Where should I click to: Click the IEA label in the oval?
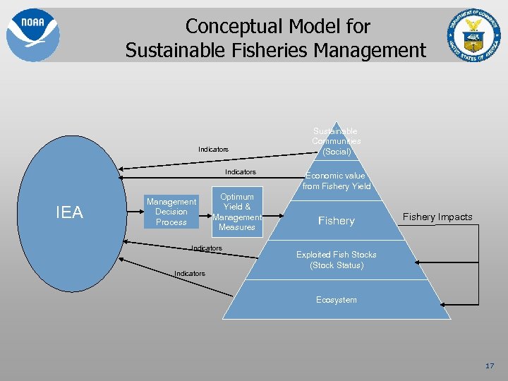[x=69, y=212]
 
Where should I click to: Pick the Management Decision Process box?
[x=171, y=212]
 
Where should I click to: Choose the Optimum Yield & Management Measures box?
[x=237, y=212]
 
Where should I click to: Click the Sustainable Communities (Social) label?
[x=335, y=141]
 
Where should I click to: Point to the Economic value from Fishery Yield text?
[x=336, y=181]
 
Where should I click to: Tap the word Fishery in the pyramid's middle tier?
[x=336, y=221]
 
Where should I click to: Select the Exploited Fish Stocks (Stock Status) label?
[x=337, y=260]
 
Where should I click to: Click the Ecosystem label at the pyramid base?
[x=337, y=300]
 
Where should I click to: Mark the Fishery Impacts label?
[x=437, y=217]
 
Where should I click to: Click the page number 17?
[x=490, y=365]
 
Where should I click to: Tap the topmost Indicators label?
[x=213, y=150]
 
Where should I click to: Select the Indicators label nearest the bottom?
[x=190, y=273]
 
